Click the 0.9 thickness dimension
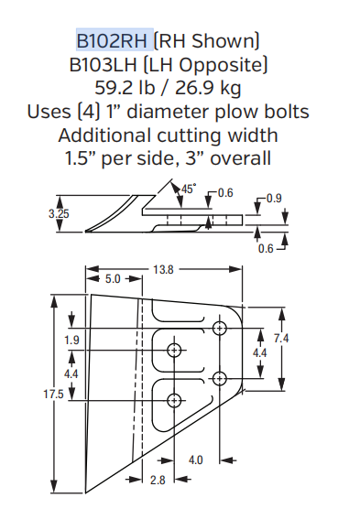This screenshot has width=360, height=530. (x=274, y=198)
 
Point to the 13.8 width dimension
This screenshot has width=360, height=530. (x=165, y=270)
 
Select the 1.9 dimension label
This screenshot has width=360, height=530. (x=71, y=341)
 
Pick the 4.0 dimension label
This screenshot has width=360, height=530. (x=195, y=460)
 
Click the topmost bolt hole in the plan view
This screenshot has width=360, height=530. (x=219, y=327)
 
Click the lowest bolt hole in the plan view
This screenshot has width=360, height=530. (x=174, y=399)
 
